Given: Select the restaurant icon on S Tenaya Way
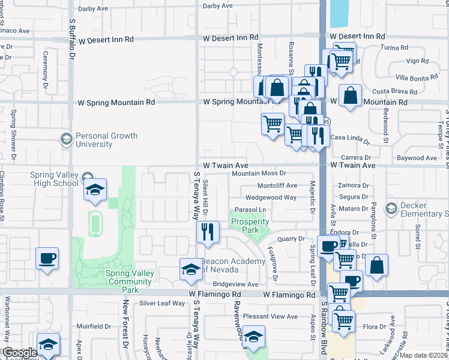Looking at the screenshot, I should [x=207, y=232].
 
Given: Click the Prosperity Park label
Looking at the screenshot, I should [x=250, y=226].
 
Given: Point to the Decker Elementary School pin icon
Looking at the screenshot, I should [x=391, y=208].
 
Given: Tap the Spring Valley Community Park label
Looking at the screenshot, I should [x=130, y=277].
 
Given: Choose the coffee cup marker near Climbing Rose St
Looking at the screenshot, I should [x=47, y=259].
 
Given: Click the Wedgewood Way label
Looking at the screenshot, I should [x=271, y=197].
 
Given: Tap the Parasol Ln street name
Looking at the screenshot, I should [x=250, y=209].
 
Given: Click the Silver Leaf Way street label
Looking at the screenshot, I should [x=161, y=303].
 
